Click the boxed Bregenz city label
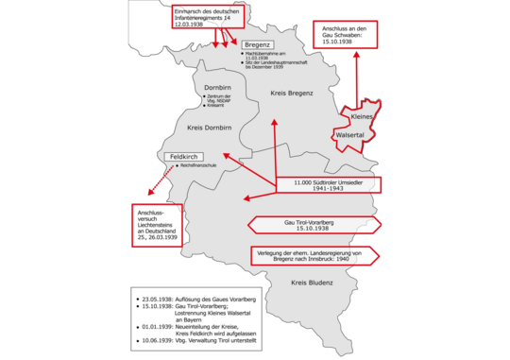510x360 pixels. [257, 44]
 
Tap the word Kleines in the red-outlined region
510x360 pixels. [363, 116]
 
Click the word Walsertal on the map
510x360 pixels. [350, 135]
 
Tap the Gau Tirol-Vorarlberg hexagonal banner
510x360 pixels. [315, 224]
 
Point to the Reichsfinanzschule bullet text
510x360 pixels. [193, 168]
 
